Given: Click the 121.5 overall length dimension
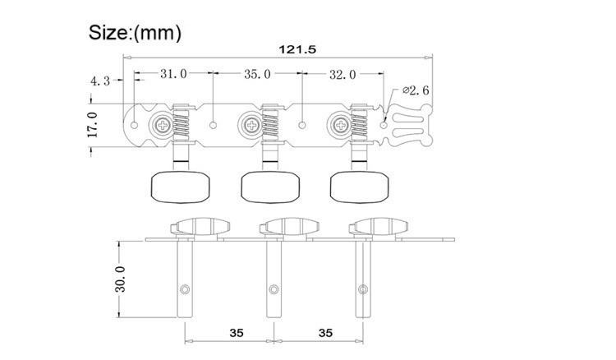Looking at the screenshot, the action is pyautogui.click(x=297, y=49).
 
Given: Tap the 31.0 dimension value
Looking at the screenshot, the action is pyautogui.click(x=173, y=73).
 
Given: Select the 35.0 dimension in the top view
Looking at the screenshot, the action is pyautogui.click(x=257, y=74).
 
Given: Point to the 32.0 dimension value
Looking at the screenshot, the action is pyautogui.click(x=342, y=74).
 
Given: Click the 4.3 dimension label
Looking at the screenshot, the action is pyautogui.click(x=100, y=81).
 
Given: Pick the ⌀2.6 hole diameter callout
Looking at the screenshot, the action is pyautogui.click(x=416, y=90).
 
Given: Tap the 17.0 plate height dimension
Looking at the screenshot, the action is pyautogui.click(x=93, y=125).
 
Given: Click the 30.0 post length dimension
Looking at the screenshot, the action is pyautogui.click(x=120, y=279).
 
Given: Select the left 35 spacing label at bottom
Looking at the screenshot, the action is pyautogui.click(x=237, y=333).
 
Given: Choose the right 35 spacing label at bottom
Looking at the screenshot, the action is pyautogui.click(x=326, y=333).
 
